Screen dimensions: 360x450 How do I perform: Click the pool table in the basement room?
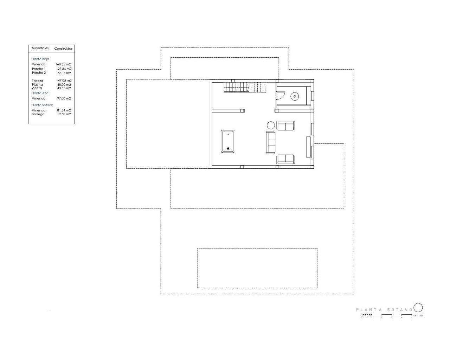click(x=228, y=141)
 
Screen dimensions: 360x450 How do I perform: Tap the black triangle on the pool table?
click(x=228, y=148)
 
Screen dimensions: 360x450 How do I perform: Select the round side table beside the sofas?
click(x=271, y=125)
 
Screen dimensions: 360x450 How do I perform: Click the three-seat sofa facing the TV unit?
click(x=270, y=142)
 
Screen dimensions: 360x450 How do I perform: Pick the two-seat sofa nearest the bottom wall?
click(x=285, y=159)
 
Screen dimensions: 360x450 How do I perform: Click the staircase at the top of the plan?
click(x=245, y=87)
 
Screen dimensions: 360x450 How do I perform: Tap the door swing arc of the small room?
click(x=281, y=96)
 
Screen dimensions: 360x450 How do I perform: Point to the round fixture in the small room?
click(x=294, y=96)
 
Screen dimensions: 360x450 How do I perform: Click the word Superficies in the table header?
click(x=40, y=48)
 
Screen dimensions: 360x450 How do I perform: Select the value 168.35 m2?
click(x=63, y=64)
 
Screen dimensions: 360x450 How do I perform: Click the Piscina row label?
click(x=37, y=85)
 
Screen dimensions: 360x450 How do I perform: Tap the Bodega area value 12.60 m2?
click(x=64, y=114)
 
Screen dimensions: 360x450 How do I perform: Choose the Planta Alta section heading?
click(x=40, y=93)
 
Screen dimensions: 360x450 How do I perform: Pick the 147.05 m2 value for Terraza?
click(x=64, y=81)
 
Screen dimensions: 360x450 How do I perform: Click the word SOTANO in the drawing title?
click(x=399, y=310)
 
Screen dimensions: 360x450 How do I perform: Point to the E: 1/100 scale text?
click(x=419, y=315)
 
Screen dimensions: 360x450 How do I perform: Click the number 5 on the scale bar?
click(x=412, y=317)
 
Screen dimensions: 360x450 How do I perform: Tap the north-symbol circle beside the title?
click(x=418, y=308)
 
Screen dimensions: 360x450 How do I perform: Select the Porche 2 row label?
click(x=39, y=73)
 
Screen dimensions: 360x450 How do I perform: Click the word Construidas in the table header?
click(x=63, y=49)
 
